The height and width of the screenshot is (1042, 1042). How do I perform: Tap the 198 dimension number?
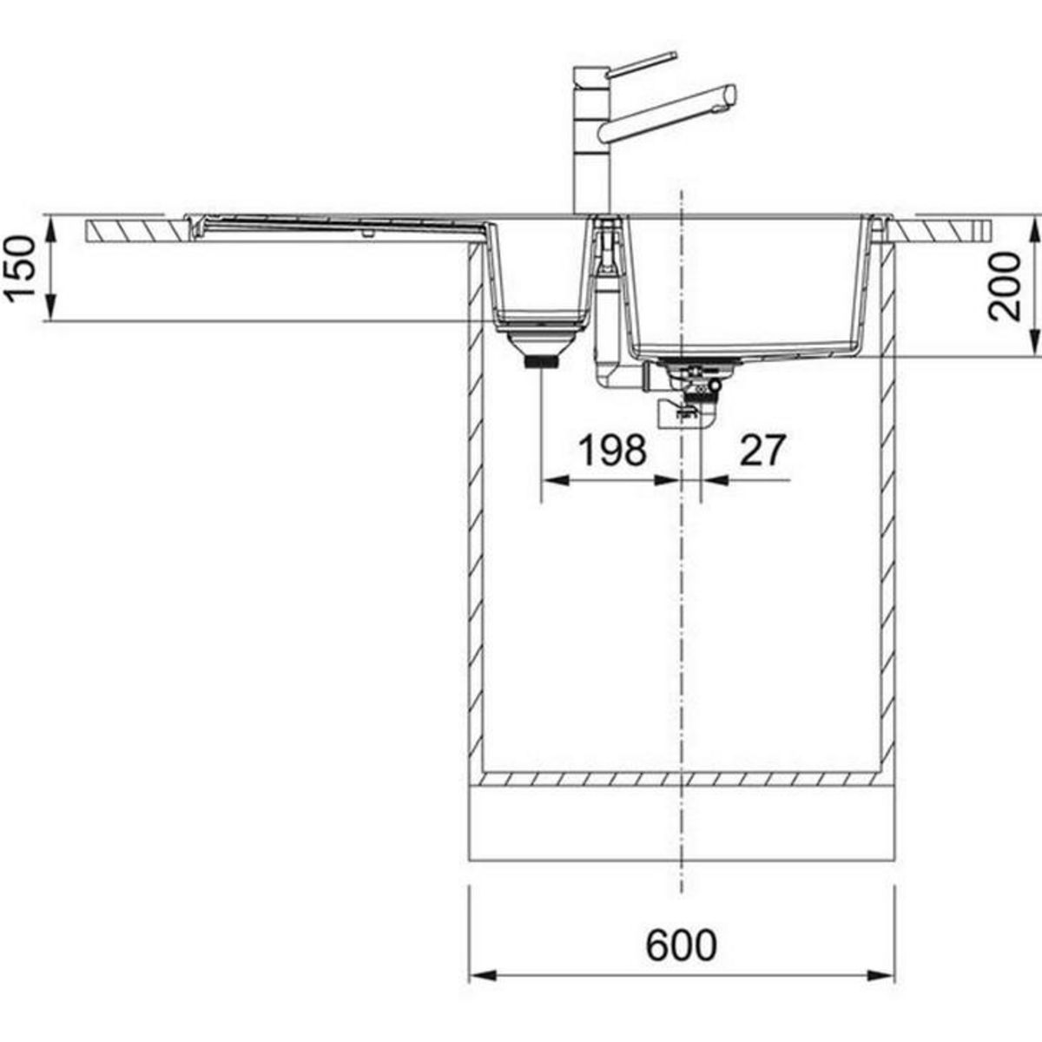click(613, 451)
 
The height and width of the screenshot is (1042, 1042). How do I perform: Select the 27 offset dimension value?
click(762, 451)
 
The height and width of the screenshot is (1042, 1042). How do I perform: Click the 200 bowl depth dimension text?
click(1004, 287)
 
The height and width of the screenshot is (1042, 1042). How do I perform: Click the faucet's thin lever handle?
click(643, 63)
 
